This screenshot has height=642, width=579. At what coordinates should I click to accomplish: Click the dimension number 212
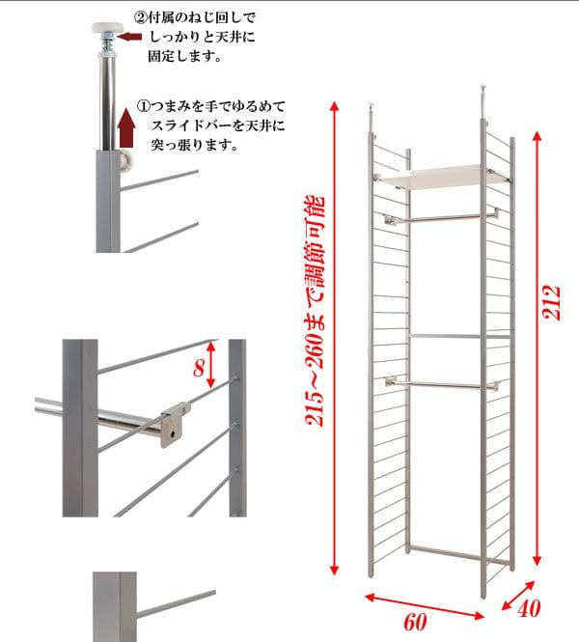click(x=551, y=303)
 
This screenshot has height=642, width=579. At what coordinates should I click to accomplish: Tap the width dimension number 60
click(x=415, y=622)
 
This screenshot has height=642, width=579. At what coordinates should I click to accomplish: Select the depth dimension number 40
click(x=529, y=608)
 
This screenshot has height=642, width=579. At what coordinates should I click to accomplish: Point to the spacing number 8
click(x=199, y=368)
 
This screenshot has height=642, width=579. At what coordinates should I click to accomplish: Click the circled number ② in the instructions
click(x=140, y=17)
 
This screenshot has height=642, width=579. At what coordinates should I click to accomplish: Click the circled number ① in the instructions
click(x=143, y=106)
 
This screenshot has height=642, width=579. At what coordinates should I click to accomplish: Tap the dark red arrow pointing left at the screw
click(x=129, y=37)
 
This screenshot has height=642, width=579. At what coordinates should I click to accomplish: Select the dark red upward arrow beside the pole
click(x=126, y=127)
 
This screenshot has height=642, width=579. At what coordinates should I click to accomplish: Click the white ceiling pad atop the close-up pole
click(x=108, y=27)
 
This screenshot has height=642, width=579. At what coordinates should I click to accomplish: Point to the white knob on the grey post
click(x=128, y=162)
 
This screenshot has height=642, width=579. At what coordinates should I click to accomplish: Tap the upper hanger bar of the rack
click(x=442, y=217)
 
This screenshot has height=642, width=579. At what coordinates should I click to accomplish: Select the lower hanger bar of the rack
click(x=442, y=384)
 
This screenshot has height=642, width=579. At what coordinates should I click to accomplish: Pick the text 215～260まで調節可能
click(x=316, y=311)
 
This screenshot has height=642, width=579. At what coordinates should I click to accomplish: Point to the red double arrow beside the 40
click(x=518, y=596)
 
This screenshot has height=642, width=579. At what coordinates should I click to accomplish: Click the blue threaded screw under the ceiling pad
click(x=108, y=42)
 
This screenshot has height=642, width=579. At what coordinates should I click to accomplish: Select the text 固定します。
click(x=185, y=56)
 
